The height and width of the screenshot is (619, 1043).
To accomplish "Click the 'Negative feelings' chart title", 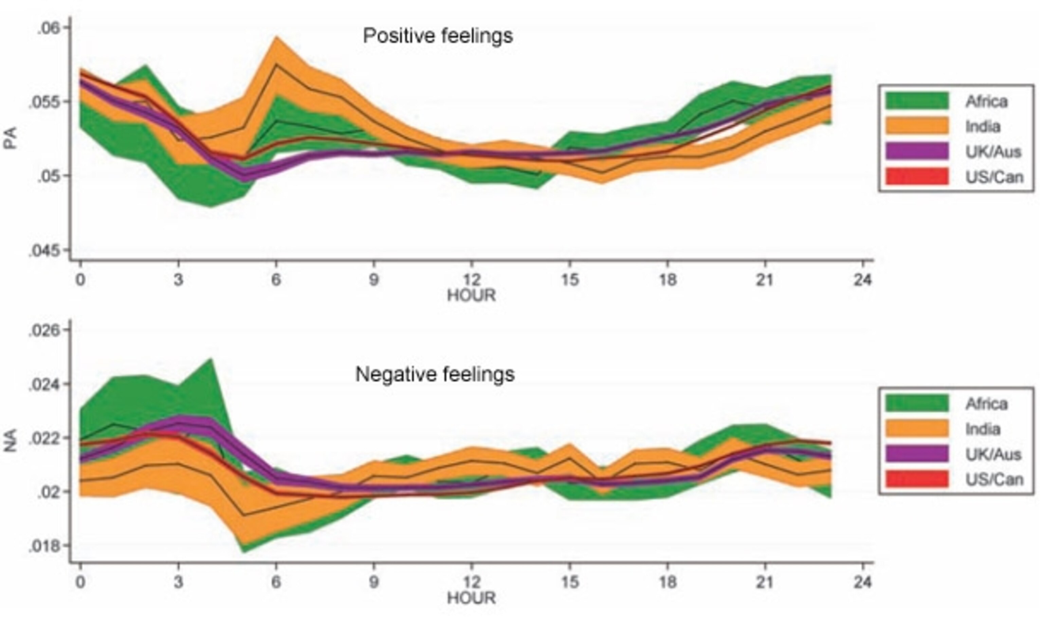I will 435,374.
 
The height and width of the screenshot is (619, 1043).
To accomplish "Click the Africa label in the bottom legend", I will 987,404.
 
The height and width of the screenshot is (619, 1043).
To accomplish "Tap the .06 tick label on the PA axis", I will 49,28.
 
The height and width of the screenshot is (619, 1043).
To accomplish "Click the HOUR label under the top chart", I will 471,296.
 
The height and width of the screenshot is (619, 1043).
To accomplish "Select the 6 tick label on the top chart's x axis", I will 276,279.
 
